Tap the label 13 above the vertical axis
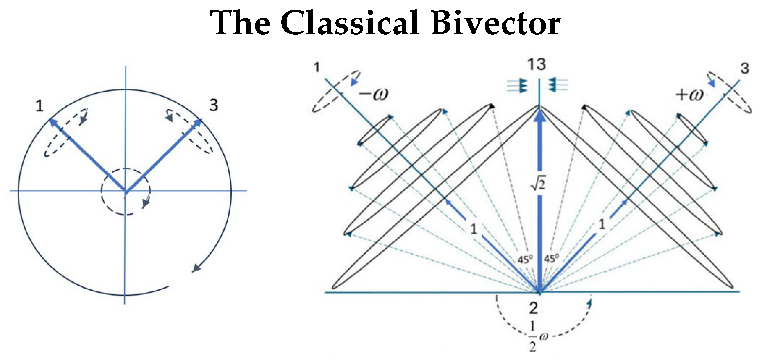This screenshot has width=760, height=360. pos(537,64)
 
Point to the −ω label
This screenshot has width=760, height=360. pos(373,94)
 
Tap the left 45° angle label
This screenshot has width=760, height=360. pos(525,259)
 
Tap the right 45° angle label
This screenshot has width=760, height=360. pos(551,259)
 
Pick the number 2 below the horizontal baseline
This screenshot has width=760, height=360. pos(533,308)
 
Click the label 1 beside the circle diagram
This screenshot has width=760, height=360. pos(40,106)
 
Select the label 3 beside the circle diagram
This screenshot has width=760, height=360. pos(214,105)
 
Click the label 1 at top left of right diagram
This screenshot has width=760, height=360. pos(317,67)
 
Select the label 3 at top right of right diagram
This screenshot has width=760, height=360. pos(745,68)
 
